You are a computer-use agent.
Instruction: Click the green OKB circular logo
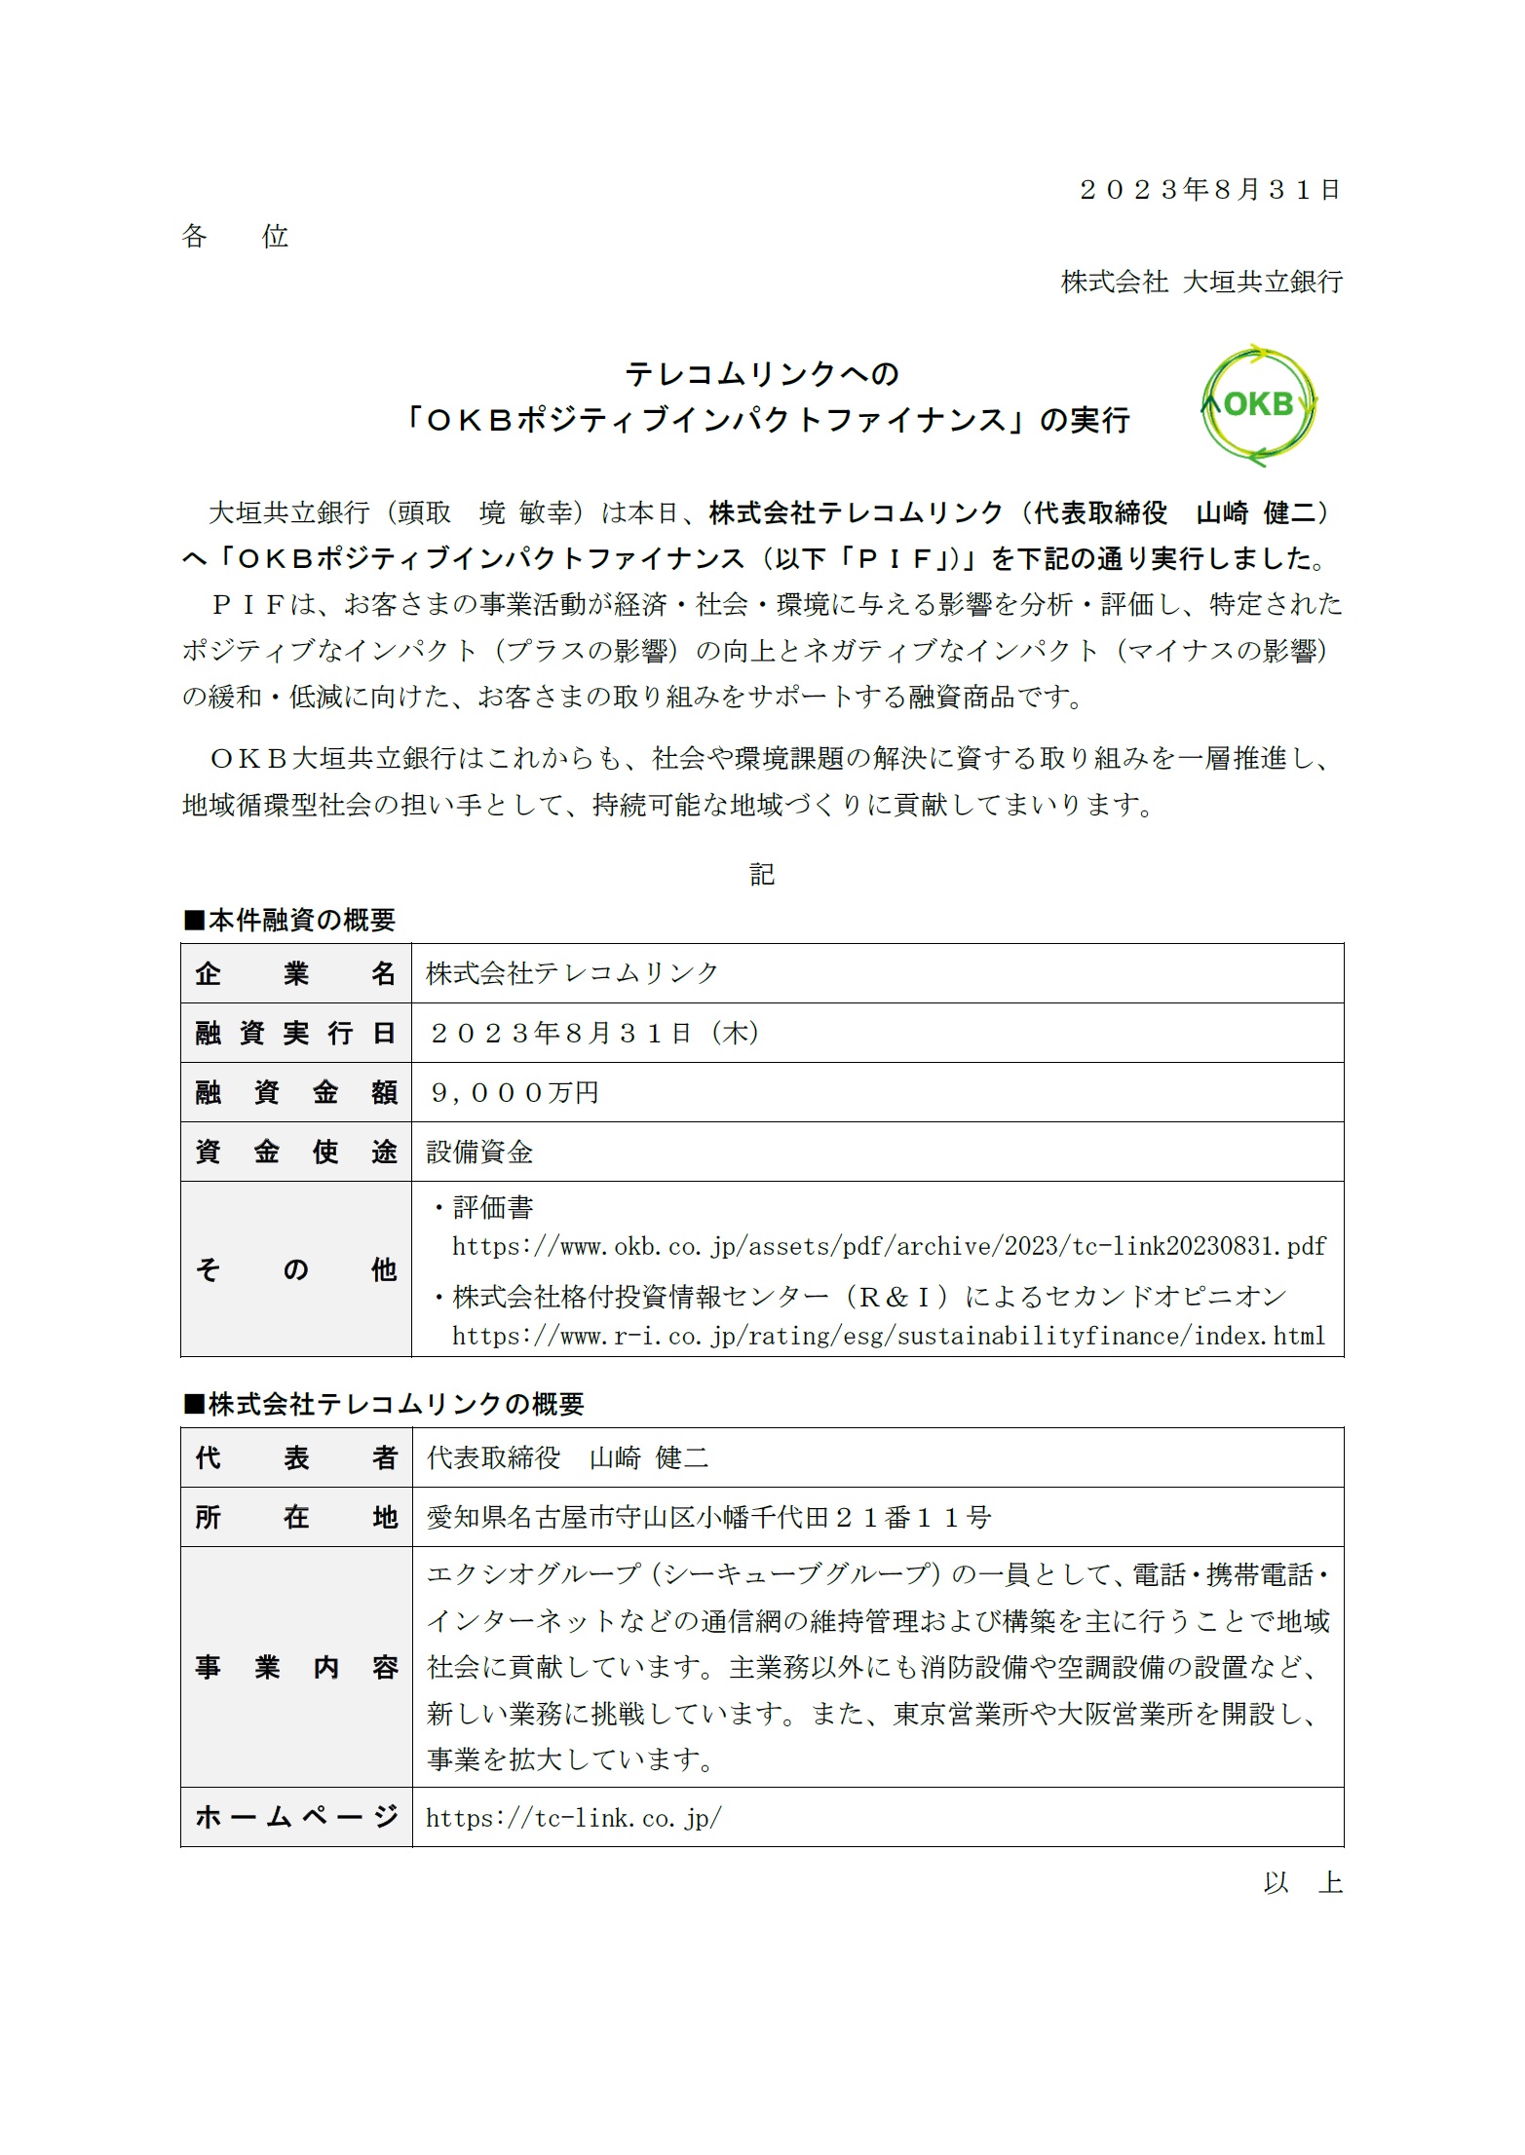[x=1258, y=404]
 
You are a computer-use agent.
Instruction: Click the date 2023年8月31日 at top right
[x=1209, y=189]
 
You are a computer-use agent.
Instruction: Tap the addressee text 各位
[x=235, y=236]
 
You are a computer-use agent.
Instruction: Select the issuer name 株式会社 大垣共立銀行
[x=1201, y=282]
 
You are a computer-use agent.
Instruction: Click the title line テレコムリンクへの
[x=761, y=373]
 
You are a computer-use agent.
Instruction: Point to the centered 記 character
[x=762, y=874]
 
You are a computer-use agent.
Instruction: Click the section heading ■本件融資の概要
[x=289, y=920]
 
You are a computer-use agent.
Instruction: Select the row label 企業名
[x=295, y=973]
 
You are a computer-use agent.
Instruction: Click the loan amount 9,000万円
[x=514, y=1092]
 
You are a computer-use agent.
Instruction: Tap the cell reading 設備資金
[x=479, y=1153]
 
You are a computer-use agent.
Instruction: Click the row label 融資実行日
[x=295, y=1033]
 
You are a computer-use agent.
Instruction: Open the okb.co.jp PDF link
[x=889, y=1246]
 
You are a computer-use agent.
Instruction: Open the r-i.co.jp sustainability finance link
[x=889, y=1336]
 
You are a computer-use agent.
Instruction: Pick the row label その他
[x=295, y=1269]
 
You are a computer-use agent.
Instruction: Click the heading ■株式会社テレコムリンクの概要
[x=384, y=1404]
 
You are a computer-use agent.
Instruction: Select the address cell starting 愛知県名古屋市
[x=708, y=1517]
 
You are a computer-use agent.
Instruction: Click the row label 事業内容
[x=295, y=1667]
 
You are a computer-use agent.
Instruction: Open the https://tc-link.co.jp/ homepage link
[x=574, y=1818]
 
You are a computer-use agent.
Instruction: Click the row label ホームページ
[x=295, y=1817]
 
